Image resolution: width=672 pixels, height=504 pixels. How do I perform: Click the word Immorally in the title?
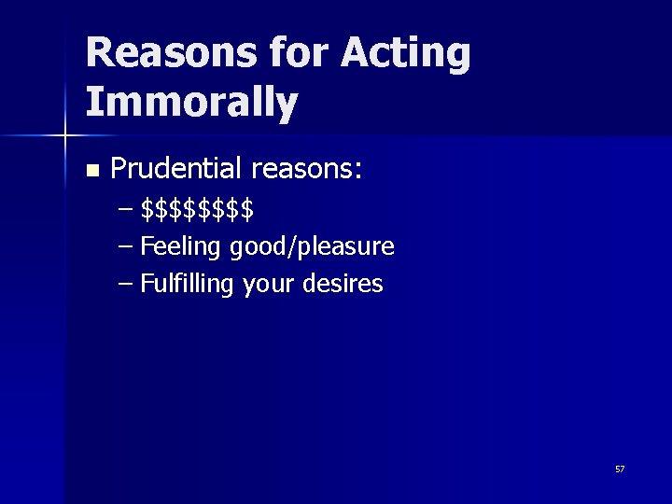point(191,104)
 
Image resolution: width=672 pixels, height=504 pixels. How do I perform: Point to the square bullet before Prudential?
point(91,171)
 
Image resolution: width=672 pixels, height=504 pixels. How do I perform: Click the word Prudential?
point(175,169)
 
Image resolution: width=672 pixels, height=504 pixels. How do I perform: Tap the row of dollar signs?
point(197,210)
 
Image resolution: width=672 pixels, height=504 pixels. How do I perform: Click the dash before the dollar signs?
point(127,210)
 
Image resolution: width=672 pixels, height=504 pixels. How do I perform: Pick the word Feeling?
point(180,247)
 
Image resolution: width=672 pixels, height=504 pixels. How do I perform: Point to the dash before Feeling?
point(127,247)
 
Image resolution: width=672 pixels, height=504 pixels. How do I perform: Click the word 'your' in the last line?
point(269,285)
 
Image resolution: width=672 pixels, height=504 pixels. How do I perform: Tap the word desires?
point(343,284)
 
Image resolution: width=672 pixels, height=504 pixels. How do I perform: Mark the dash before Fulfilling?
point(127,284)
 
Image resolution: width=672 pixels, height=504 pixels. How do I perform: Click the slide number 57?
point(620,469)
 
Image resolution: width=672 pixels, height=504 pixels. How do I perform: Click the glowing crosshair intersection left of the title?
point(64,136)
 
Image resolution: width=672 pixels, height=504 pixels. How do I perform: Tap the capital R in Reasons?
point(100,54)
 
